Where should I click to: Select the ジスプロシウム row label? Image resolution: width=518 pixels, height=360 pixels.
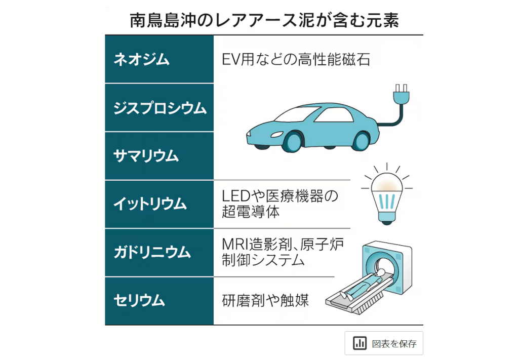[160, 108]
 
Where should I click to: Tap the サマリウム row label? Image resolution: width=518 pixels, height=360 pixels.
[146, 156]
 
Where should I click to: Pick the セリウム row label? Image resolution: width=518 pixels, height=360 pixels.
[139, 300]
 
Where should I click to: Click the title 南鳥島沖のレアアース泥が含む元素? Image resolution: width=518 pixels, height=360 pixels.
[264, 21]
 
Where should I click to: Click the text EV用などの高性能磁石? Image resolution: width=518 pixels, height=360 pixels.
[296, 60]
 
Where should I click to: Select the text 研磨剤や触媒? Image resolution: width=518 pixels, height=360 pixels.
[265, 300]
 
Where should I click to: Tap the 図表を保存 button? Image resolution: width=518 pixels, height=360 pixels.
[384, 343]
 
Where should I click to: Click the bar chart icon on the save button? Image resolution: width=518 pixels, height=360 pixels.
[360, 343]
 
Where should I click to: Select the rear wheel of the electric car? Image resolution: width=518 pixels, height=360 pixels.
[360, 139]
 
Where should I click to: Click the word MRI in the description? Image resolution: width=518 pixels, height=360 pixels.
[234, 245]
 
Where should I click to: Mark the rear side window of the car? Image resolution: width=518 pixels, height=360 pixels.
[334, 115]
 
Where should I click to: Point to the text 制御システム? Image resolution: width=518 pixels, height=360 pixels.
[263, 261]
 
